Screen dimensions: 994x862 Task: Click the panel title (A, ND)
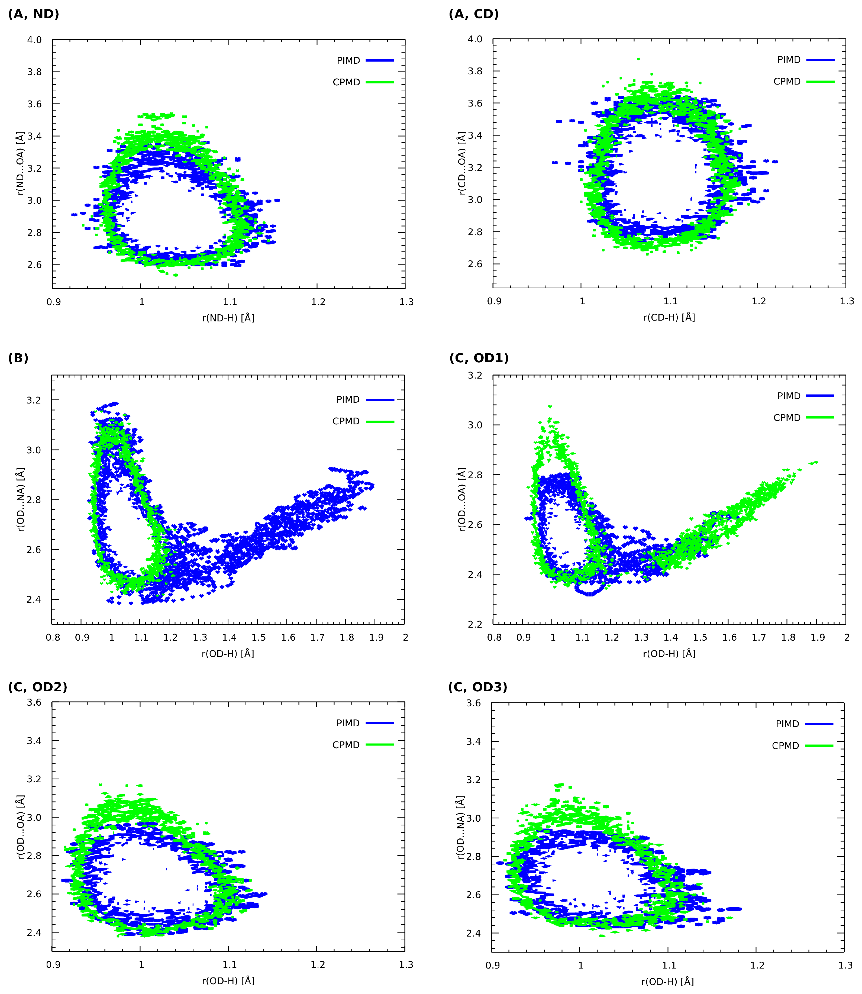(34, 14)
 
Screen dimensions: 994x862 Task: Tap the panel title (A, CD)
(474, 14)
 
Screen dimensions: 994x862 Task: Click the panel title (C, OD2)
(37, 687)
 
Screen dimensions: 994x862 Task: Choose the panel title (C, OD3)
(478, 687)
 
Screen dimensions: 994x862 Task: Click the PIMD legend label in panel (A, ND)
(348, 61)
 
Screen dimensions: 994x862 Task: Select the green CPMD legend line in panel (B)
(380, 421)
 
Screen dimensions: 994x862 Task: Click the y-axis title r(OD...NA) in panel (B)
(21, 499)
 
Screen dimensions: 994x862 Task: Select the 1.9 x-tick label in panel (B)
(376, 637)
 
